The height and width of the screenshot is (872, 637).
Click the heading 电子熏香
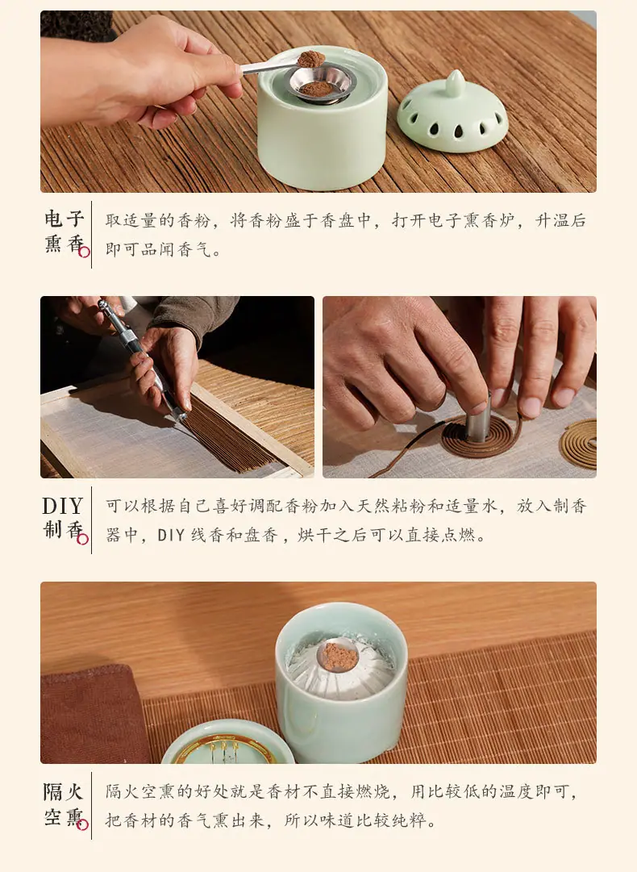(x=65, y=232)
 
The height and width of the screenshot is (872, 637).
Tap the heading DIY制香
(x=64, y=518)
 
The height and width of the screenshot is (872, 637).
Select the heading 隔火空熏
(x=64, y=804)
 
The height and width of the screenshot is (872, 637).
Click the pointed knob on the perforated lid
(x=455, y=82)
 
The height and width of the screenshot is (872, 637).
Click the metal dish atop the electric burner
(x=321, y=83)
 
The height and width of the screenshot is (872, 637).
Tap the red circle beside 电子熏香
(x=85, y=252)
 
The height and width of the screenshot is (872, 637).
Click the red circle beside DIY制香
(x=83, y=539)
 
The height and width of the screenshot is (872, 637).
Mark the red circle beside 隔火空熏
(x=83, y=824)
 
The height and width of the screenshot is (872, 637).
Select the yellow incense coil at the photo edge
(x=579, y=444)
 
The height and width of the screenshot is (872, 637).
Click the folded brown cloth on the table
(x=92, y=714)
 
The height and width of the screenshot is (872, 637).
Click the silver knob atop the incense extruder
(x=103, y=303)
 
